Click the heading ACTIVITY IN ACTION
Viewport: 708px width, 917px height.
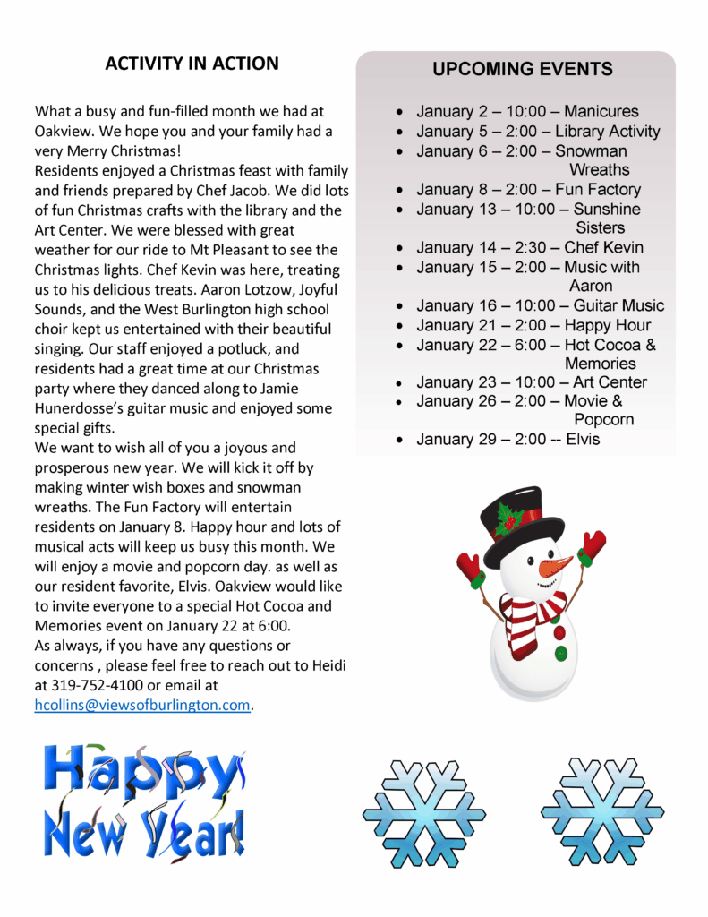[192, 64]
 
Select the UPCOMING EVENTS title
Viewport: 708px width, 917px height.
[523, 69]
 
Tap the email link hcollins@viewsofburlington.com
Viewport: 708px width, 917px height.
[141, 705]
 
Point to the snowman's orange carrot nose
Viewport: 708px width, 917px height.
[556, 566]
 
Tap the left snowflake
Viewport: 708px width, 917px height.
[423, 813]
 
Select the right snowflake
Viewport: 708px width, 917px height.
[601, 811]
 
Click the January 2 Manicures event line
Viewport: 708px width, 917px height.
[527, 112]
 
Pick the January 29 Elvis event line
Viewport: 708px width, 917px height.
[508, 439]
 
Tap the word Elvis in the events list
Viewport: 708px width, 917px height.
[583, 439]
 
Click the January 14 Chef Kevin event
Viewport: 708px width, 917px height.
[529, 247]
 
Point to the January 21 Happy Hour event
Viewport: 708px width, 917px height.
[533, 325]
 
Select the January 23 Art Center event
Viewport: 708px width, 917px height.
[531, 382]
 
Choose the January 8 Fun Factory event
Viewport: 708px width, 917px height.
[528, 189]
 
